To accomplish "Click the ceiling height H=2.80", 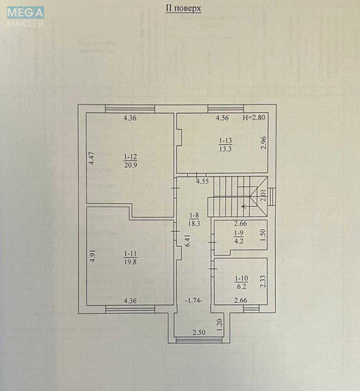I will click(257, 118).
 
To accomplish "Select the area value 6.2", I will click(240, 286).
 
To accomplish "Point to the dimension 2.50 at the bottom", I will click(198, 332).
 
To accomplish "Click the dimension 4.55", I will click(202, 182).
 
